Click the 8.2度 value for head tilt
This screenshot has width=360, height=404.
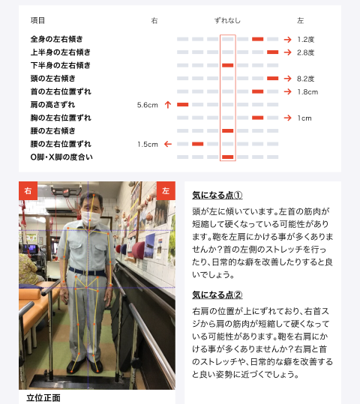click(x=305, y=79)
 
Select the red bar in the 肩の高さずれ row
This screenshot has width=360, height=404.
click(x=182, y=105)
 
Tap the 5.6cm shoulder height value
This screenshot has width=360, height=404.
click(x=148, y=105)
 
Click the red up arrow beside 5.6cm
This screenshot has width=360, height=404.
click(x=168, y=105)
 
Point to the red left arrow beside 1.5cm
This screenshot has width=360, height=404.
click(x=168, y=144)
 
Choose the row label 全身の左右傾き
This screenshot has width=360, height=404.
click(x=56, y=39)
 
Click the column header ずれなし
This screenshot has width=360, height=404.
click(x=227, y=20)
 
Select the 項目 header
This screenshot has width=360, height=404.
click(x=37, y=20)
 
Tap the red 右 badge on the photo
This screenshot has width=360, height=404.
click(x=28, y=190)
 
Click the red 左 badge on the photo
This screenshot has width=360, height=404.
click(x=166, y=190)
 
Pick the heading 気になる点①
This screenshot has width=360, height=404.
click(x=217, y=195)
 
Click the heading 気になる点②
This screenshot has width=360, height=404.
click(x=217, y=295)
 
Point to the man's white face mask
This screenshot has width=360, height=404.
click(x=91, y=218)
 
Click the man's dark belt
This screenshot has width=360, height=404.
click(x=87, y=272)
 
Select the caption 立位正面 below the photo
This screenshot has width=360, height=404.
click(x=43, y=397)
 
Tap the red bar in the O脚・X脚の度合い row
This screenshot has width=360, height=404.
click(x=228, y=157)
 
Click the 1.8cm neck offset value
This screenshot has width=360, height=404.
click(x=307, y=91)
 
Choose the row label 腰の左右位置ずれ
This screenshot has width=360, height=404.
click(x=61, y=144)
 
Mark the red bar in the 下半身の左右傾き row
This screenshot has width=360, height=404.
click(x=228, y=65)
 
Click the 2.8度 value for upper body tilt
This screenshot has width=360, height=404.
click(x=305, y=52)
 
